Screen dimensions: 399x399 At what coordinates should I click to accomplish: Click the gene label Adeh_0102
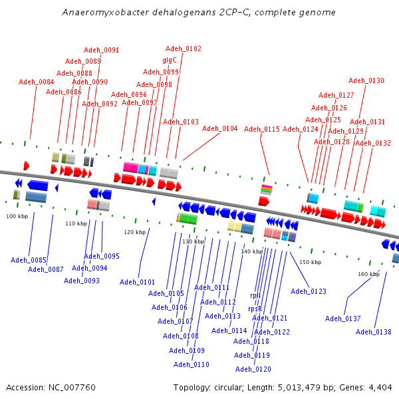coord(183,49)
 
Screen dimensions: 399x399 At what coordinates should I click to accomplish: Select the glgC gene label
coord(170,60)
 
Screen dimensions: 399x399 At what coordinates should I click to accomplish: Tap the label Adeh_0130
coord(366,81)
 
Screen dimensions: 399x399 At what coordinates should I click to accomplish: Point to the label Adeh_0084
coord(37,82)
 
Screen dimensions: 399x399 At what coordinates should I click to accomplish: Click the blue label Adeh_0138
coord(374,332)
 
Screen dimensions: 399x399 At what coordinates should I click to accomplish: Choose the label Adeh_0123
coord(309,291)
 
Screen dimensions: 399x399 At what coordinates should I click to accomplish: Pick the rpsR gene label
coord(255,309)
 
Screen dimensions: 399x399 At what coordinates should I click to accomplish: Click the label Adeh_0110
coord(192,364)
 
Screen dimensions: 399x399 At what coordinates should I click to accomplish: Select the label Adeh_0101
coord(137,282)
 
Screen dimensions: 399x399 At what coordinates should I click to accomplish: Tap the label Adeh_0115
coord(262,129)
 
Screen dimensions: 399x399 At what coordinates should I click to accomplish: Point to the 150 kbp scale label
coord(310,263)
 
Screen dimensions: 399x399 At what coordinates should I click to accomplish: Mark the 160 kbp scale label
coord(368,274)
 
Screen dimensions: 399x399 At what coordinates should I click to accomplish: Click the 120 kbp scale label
coord(134,232)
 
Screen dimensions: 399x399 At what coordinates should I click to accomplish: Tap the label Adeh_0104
coord(219,129)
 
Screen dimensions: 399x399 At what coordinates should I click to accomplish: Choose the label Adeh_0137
coord(343,319)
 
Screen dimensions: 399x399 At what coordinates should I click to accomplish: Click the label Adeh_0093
coord(82,281)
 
